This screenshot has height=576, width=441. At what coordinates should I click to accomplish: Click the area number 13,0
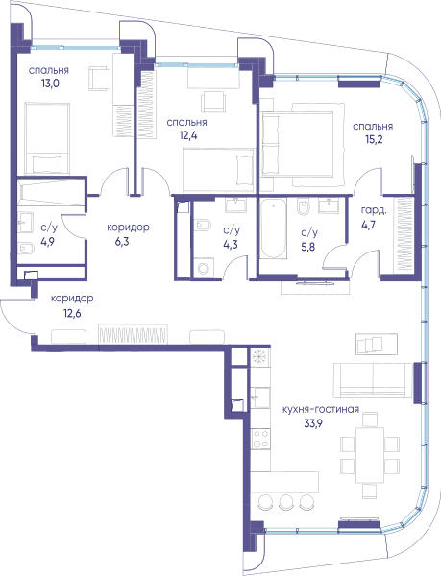point(50,84)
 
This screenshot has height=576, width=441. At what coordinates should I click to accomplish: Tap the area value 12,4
point(188,135)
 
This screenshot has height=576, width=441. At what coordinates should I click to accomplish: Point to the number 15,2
point(373,139)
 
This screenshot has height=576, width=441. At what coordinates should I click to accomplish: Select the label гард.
point(374,211)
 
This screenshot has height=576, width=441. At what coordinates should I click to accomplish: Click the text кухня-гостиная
point(321,409)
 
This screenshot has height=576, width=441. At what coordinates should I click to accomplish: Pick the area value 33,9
point(313,423)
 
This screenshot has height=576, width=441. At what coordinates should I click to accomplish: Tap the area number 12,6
point(72,313)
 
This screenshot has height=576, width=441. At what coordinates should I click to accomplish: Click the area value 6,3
point(122,242)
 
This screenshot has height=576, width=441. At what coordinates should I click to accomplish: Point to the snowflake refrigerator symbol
point(260,356)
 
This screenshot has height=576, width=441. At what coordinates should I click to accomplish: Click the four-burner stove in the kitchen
point(260,439)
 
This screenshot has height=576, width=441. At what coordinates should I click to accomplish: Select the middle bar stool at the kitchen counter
point(285,502)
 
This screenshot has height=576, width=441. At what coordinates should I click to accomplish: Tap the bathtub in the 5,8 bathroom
point(274,228)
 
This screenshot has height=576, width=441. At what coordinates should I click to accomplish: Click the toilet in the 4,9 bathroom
point(26,249)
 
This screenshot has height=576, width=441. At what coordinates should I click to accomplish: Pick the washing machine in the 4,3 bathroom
point(204,268)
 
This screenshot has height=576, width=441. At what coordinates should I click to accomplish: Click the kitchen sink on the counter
point(261,397)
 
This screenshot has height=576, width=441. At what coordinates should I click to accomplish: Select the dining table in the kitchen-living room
point(370,455)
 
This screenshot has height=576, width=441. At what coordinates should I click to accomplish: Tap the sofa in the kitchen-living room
point(373,380)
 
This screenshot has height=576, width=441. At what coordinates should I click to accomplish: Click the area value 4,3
point(231,244)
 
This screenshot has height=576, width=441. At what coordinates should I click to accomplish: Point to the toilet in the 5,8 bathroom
point(304,207)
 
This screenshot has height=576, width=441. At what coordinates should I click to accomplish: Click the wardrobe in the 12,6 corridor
point(133,334)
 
